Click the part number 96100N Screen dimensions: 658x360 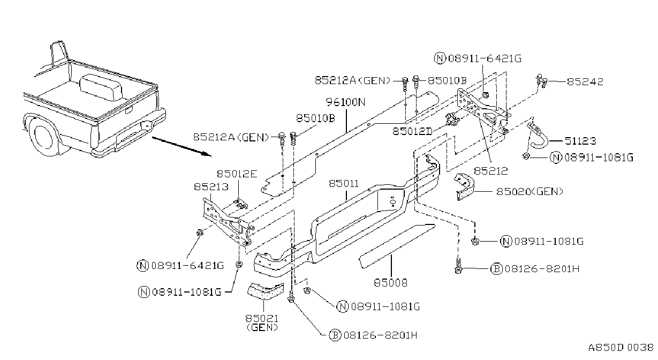pyautogui.click(x=345, y=102)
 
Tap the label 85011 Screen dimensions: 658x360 pyautogui.click(x=344, y=184)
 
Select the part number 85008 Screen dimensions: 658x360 pyautogui.click(x=391, y=283)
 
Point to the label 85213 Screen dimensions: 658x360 pyautogui.click(x=211, y=186)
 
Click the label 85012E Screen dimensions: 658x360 pyautogui.click(x=237, y=174)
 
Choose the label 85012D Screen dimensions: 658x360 pyautogui.click(x=413, y=131)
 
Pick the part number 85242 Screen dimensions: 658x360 pyautogui.click(x=585, y=81)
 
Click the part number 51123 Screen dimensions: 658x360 pyautogui.click(x=580, y=141)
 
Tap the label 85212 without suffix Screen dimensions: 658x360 pyautogui.click(x=491, y=171)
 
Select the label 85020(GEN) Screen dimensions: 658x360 pyautogui.click(x=530, y=192)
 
